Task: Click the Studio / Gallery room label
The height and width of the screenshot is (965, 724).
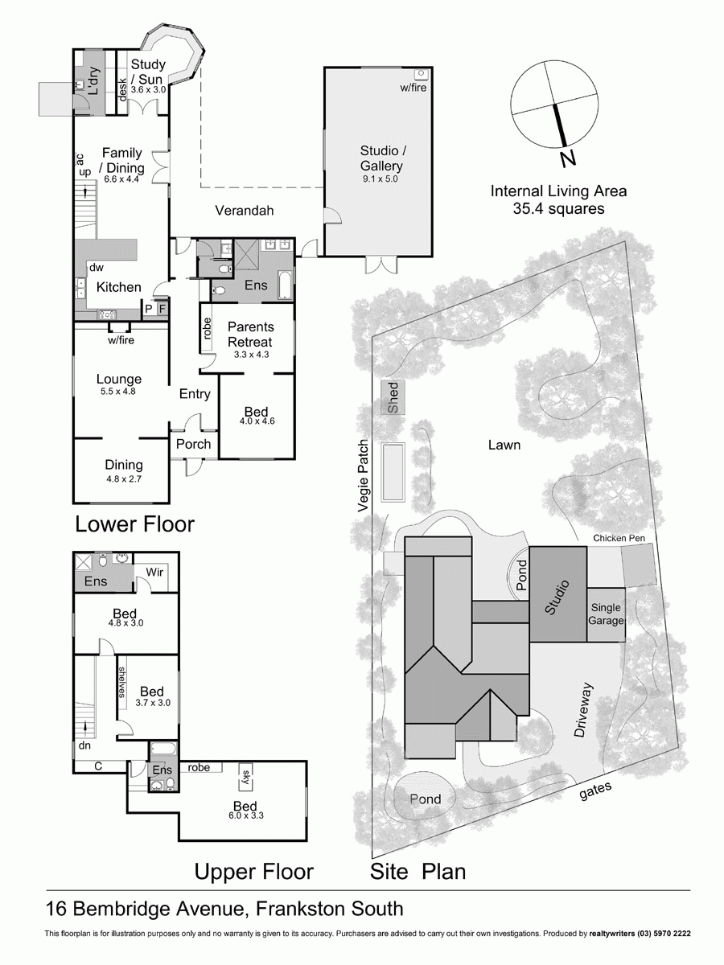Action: point(381,158)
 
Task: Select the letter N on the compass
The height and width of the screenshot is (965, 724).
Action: point(569,159)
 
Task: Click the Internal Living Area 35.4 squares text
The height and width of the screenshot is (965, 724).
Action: point(558,199)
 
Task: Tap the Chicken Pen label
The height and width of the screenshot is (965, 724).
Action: point(619,538)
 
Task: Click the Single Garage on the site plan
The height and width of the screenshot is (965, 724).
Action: point(607,614)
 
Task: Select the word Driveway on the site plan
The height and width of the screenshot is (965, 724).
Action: point(585,710)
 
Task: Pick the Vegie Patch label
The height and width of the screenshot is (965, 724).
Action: point(364,476)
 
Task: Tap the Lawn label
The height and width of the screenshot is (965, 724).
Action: point(503,445)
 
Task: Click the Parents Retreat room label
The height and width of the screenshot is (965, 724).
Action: point(250,334)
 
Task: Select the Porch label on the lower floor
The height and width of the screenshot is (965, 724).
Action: point(193,444)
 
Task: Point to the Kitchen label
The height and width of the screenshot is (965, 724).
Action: point(119,287)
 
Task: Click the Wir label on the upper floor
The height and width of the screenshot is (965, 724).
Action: point(155,573)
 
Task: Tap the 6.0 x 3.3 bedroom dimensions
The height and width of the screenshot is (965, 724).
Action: point(245,815)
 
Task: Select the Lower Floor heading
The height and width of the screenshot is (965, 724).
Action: point(134,524)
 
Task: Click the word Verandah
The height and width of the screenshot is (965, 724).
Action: point(245,211)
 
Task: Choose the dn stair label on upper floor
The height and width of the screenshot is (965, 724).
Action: point(85,745)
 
